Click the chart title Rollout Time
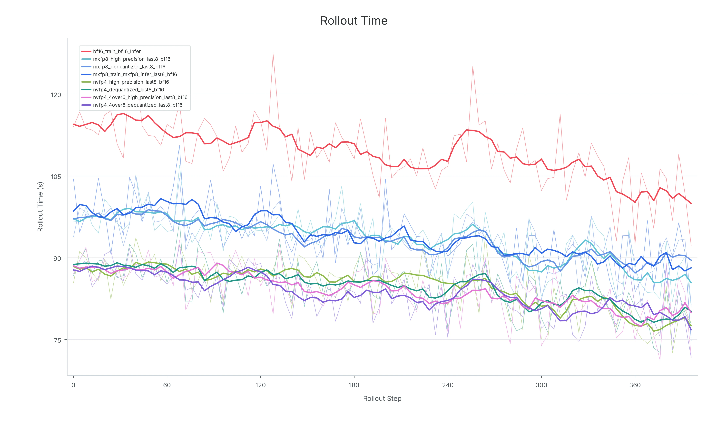[x=354, y=21]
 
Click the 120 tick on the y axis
[x=56, y=95]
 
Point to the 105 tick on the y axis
[x=56, y=177]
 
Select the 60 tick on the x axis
[x=167, y=385]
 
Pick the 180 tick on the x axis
[x=354, y=385]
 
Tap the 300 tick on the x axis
[x=541, y=385]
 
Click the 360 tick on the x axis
[x=635, y=385]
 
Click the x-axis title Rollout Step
[x=382, y=399]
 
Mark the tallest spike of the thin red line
[x=273, y=53]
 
